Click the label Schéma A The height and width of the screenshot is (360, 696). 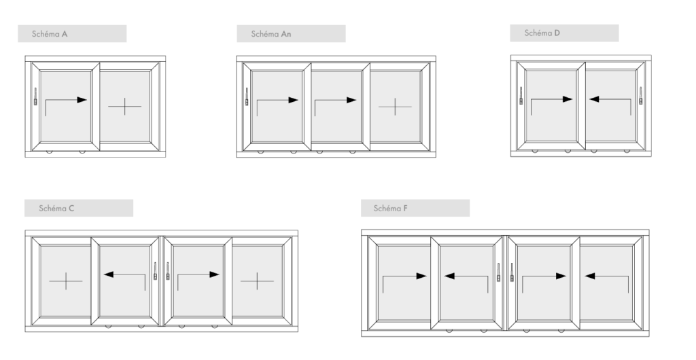(50, 34)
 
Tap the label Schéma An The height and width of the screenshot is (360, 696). (271, 34)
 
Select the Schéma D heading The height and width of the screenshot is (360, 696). (542, 33)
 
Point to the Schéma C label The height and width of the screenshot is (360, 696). (56, 209)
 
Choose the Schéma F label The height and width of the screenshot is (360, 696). (391, 209)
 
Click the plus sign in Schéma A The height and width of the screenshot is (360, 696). (125, 107)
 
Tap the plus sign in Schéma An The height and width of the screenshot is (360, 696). (395, 107)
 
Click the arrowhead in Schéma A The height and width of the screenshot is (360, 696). (82, 100)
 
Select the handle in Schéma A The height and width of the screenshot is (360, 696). (35, 96)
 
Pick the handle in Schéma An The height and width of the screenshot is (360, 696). (247, 96)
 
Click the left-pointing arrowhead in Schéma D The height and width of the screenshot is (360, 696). (594, 99)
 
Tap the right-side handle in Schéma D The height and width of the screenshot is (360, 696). (640, 95)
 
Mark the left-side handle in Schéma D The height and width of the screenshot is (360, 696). (521, 95)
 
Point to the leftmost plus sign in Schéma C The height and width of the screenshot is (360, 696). (66, 281)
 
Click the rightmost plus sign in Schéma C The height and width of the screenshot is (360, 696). (257, 281)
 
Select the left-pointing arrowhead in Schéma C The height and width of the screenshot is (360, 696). (109, 274)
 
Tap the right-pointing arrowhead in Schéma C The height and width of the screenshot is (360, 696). (214, 274)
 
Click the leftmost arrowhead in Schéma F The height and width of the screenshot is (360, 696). (421, 276)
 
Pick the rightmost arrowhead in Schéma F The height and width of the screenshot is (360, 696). (590, 276)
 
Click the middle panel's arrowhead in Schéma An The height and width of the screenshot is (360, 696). (351, 101)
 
